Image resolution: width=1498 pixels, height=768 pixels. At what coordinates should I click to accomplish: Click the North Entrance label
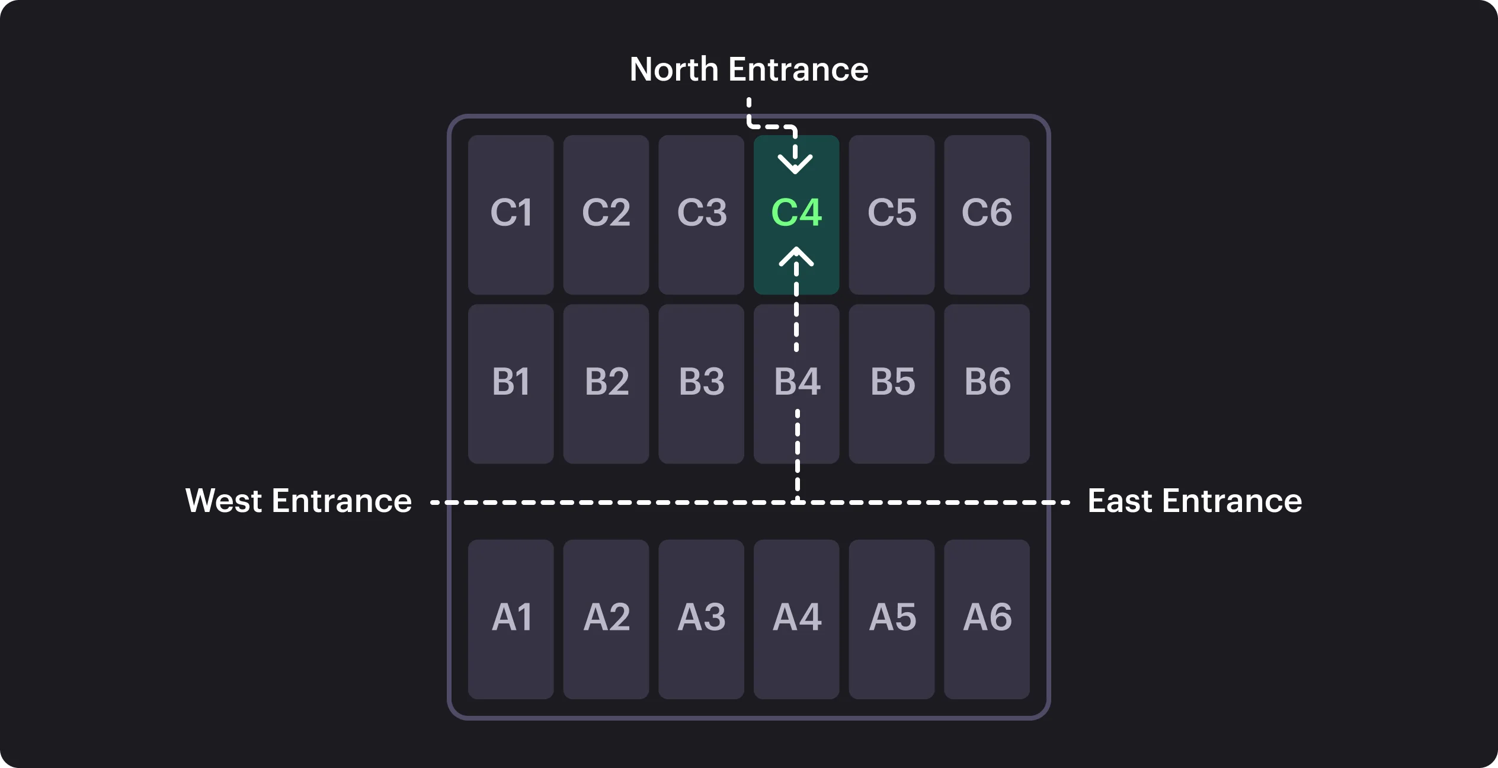click(x=749, y=69)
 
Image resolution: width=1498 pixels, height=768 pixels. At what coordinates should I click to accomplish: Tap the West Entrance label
click(x=299, y=501)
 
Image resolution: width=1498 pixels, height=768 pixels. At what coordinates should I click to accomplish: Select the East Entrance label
click(x=1195, y=501)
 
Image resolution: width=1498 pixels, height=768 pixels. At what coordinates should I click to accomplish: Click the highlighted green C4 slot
click(x=796, y=215)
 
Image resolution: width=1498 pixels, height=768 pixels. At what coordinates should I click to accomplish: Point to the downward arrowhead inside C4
click(x=795, y=164)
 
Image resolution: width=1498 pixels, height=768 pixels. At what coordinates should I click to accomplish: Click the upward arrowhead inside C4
click(x=796, y=256)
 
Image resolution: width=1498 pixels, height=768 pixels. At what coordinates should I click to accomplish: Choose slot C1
click(x=511, y=215)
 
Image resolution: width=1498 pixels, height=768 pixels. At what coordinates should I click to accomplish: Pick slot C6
click(x=987, y=215)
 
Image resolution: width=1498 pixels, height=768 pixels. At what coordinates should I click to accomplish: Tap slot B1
click(x=511, y=384)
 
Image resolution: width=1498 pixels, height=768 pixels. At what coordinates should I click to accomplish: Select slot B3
click(x=701, y=384)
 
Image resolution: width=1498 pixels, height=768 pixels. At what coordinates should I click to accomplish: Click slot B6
click(x=987, y=384)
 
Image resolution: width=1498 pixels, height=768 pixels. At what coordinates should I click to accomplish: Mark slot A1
click(x=511, y=619)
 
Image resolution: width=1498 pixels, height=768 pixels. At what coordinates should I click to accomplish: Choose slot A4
click(x=796, y=619)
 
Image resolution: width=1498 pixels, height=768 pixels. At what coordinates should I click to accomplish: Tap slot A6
click(x=987, y=619)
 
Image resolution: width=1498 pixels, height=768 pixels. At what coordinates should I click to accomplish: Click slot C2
click(x=606, y=215)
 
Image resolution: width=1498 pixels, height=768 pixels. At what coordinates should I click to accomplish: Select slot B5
click(x=892, y=384)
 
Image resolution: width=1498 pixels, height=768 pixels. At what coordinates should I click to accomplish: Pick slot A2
click(x=606, y=619)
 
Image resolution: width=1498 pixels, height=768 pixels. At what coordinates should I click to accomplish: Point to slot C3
click(x=701, y=215)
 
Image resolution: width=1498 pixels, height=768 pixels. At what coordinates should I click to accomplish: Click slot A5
click(x=892, y=619)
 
